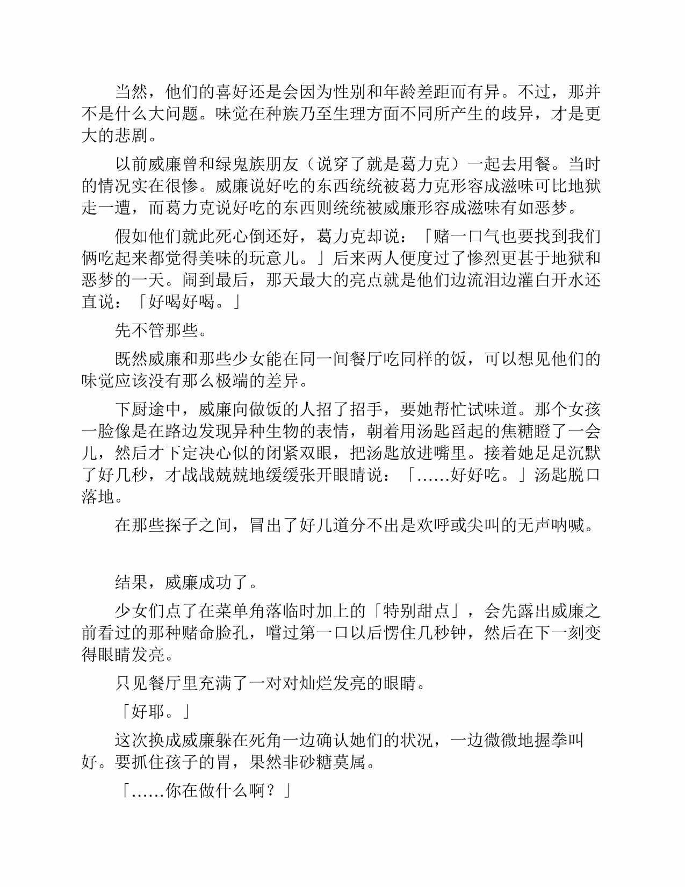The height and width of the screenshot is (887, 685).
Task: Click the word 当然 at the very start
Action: tap(132, 92)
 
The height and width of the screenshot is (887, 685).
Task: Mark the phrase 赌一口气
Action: tap(466, 236)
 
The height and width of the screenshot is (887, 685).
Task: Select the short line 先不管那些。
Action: tap(161, 330)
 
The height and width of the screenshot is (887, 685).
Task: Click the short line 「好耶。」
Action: tap(153, 712)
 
